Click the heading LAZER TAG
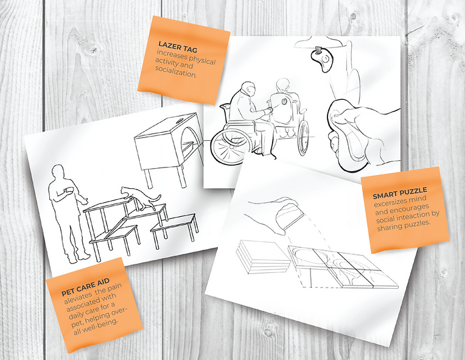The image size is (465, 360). pos(178,47)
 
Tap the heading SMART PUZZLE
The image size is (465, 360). pos(400,192)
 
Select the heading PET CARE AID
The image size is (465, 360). pos(85,287)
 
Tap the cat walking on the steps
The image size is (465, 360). pos(141,197)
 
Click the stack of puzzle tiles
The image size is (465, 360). pos(262,256)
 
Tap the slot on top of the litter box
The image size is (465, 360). pos(180,121)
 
